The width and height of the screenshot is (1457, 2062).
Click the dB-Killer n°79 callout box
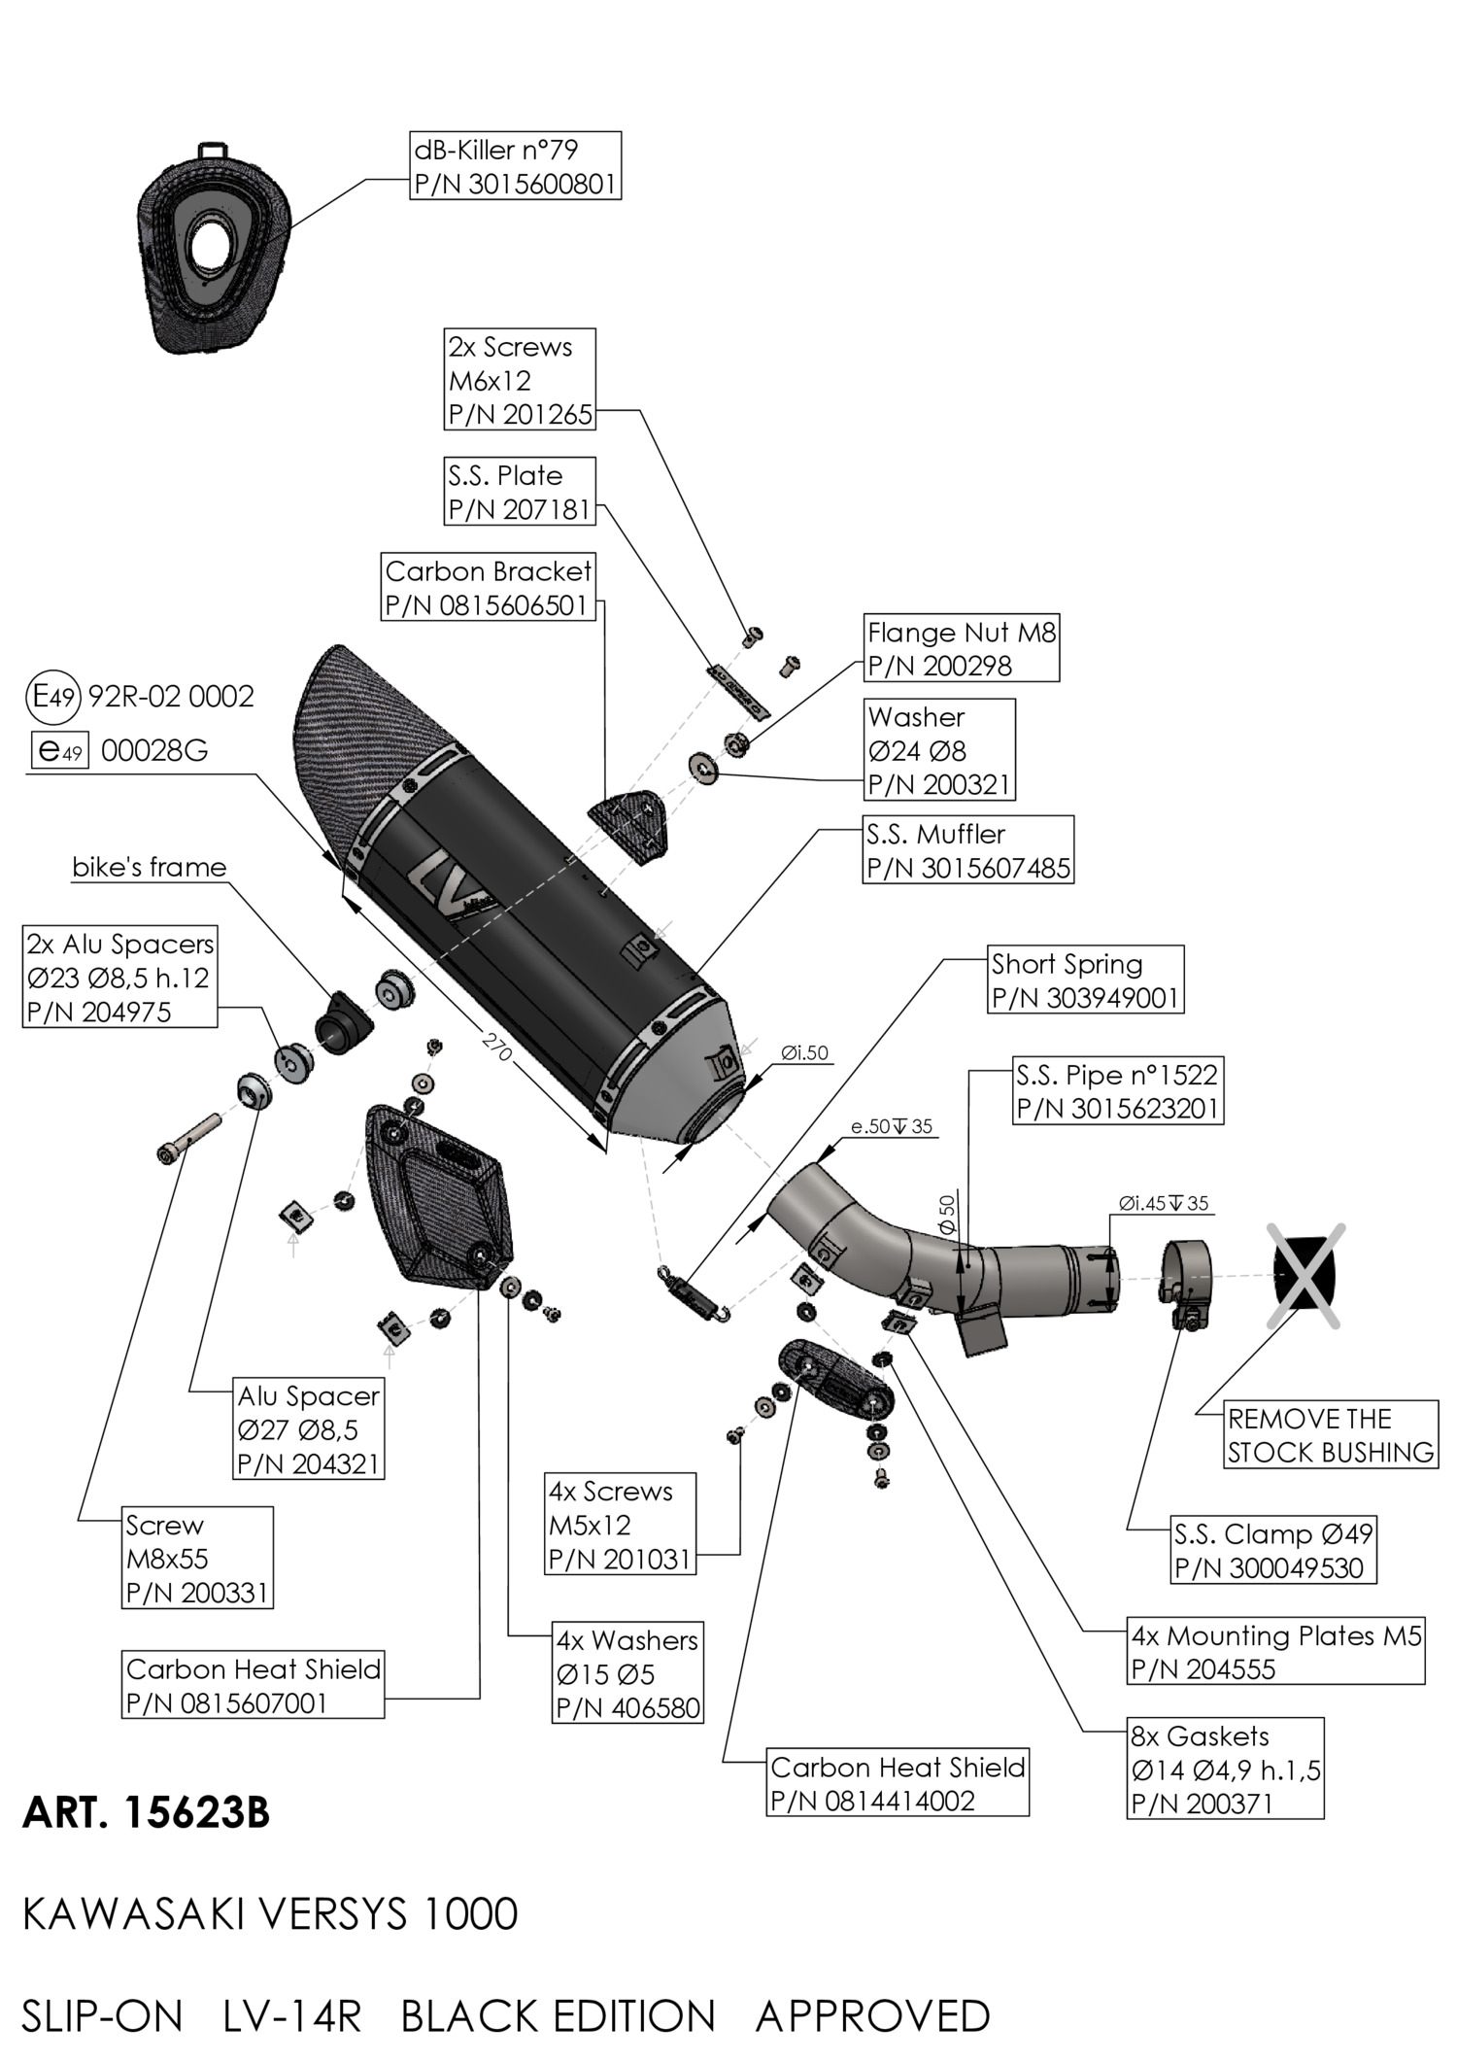515,166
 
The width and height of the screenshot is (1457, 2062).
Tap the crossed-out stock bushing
1305,1275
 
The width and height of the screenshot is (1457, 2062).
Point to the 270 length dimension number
496,1047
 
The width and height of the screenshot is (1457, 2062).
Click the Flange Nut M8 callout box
961,648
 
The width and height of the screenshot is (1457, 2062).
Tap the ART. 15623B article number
146,1812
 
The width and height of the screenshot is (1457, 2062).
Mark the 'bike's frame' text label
149,867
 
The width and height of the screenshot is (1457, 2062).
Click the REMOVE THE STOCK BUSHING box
1330,1434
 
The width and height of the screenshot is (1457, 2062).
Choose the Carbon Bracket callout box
488,587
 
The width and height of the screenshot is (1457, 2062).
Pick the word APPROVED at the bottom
872,2015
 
